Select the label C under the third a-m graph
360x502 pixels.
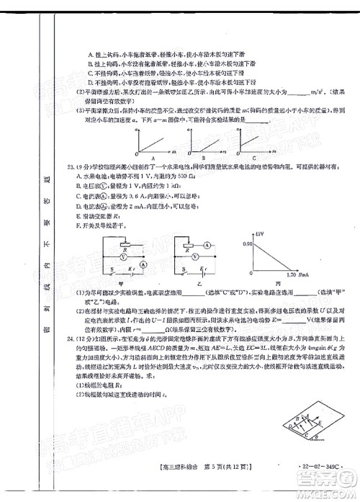[x=255, y=162]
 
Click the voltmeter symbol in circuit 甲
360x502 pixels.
[x=124, y=256]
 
